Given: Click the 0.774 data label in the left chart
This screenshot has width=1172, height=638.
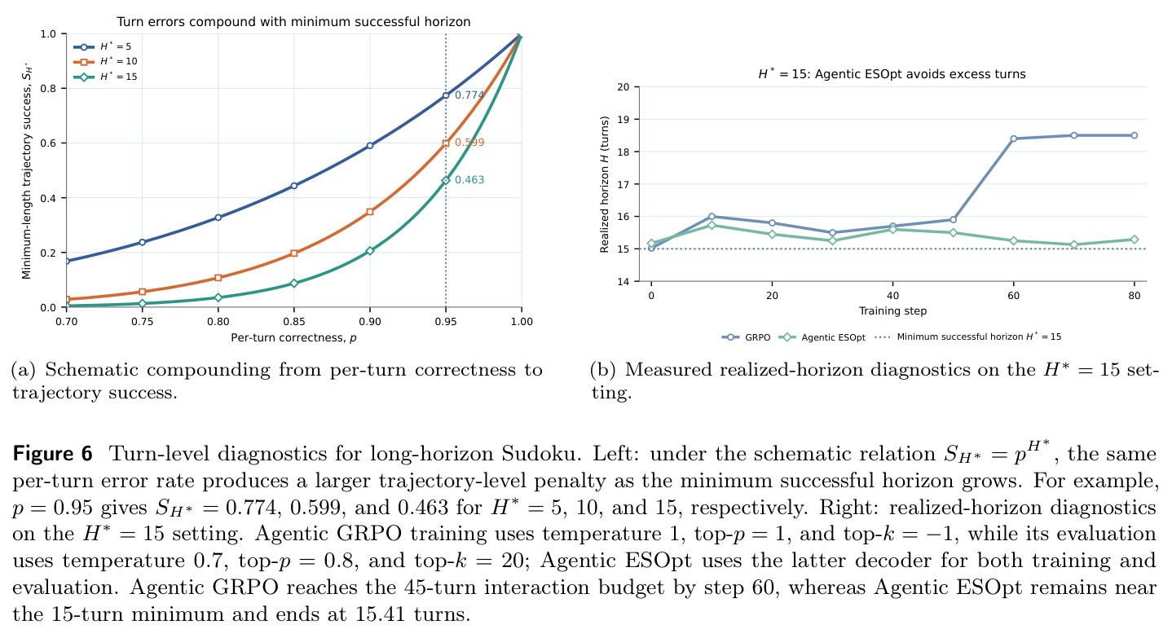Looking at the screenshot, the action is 469,95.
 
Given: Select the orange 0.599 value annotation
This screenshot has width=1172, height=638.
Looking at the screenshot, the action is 469,143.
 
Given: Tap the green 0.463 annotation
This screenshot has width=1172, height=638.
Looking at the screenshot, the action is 469,180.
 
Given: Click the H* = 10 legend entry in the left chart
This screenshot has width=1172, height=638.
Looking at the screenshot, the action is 105,61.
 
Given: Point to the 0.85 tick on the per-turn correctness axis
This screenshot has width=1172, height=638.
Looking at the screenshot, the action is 294,321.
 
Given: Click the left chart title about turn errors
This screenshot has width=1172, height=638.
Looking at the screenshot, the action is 293,21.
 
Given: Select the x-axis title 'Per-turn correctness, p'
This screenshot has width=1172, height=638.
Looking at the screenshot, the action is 293,338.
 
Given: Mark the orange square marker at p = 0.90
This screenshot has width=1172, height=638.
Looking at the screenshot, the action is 370,212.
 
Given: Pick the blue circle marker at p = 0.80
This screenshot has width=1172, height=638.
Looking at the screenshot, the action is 218,218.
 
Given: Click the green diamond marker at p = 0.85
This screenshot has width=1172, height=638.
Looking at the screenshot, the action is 294,284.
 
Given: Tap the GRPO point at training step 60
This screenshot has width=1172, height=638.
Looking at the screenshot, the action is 1013,139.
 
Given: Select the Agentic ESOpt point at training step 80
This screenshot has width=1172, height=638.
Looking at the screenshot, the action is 1135,240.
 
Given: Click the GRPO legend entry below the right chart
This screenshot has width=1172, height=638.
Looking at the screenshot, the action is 746,337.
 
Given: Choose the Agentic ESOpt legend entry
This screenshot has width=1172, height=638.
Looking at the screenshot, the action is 822,337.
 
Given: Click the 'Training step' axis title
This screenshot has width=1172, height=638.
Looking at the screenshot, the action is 892,311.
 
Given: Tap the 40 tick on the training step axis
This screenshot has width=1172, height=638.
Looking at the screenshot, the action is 892,296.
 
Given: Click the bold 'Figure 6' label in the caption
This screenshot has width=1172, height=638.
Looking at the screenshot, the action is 52,453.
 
